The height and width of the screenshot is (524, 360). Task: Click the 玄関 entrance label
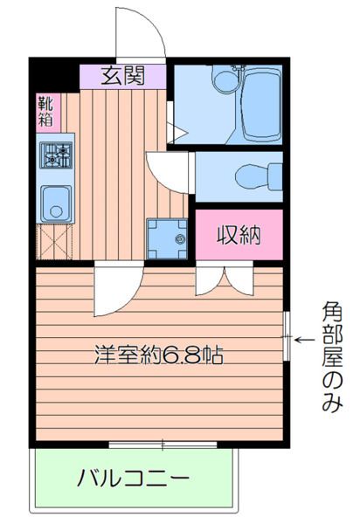(x=122, y=76)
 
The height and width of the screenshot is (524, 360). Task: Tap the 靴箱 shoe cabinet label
(x=45, y=113)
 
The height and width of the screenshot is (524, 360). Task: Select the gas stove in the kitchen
(x=56, y=155)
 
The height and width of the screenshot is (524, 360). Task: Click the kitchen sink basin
(x=55, y=204)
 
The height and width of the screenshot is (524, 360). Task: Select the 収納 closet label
(x=238, y=234)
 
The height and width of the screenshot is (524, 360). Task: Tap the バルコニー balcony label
(x=133, y=479)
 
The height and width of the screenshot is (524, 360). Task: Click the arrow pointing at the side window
(x=304, y=340)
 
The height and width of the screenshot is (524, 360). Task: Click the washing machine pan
(x=168, y=237)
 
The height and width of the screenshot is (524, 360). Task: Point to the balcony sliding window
(x=163, y=444)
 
